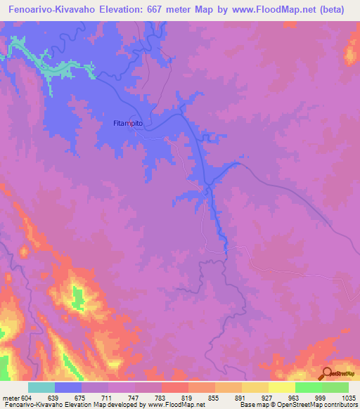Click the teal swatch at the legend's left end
click(x=41, y=387)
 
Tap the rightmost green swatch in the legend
click(x=335, y=387)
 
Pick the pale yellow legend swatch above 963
click(x=282, y=387)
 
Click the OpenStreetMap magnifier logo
click(x=327, y=373)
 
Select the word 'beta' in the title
click(x=341, y=11)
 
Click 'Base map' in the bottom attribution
click(x=254, y=405)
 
